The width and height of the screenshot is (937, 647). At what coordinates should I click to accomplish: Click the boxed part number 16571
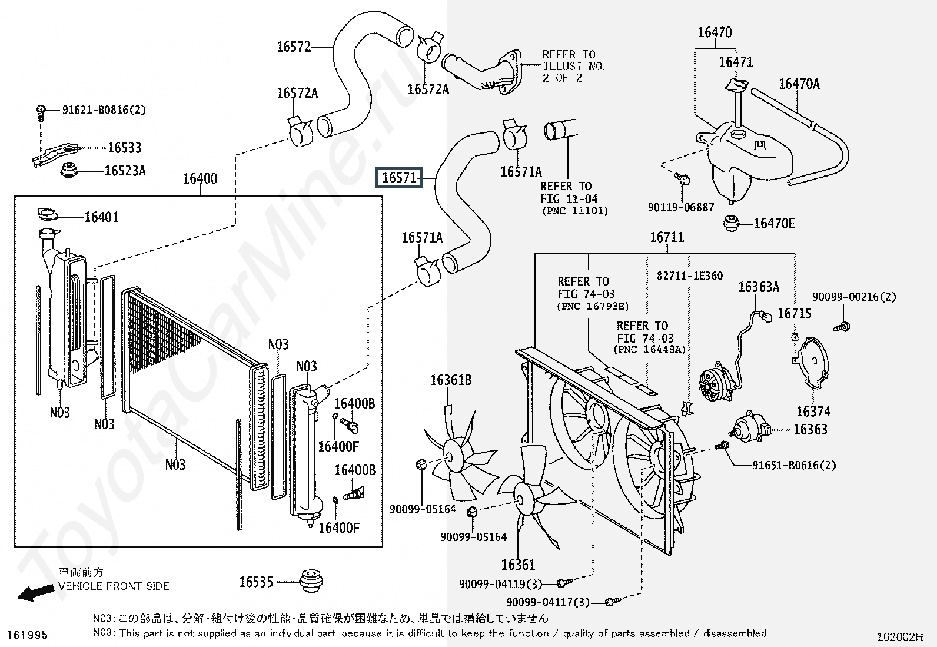[400, 177]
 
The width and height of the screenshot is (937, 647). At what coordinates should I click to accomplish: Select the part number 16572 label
[294, 47]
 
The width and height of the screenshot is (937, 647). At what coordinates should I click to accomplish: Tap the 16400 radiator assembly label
[200, 178]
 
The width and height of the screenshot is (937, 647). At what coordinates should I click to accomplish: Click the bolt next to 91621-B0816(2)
[41, 110]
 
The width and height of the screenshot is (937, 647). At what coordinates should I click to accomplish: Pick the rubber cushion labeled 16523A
[71, 171]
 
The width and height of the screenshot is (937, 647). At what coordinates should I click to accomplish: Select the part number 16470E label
[774, 223]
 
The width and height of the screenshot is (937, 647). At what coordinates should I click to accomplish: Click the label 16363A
[759, 287]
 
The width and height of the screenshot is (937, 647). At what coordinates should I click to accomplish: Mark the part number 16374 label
[813, 412]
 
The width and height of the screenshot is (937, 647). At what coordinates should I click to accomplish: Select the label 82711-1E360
[689, 276]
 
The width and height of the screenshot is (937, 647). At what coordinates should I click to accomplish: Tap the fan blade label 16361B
[451, 380]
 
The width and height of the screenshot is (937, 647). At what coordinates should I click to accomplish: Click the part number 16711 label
[667, 237]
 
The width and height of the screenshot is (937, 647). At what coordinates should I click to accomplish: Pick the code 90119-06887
[681, 207]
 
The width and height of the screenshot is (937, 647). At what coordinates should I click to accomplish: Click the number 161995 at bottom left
[28, 635]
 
